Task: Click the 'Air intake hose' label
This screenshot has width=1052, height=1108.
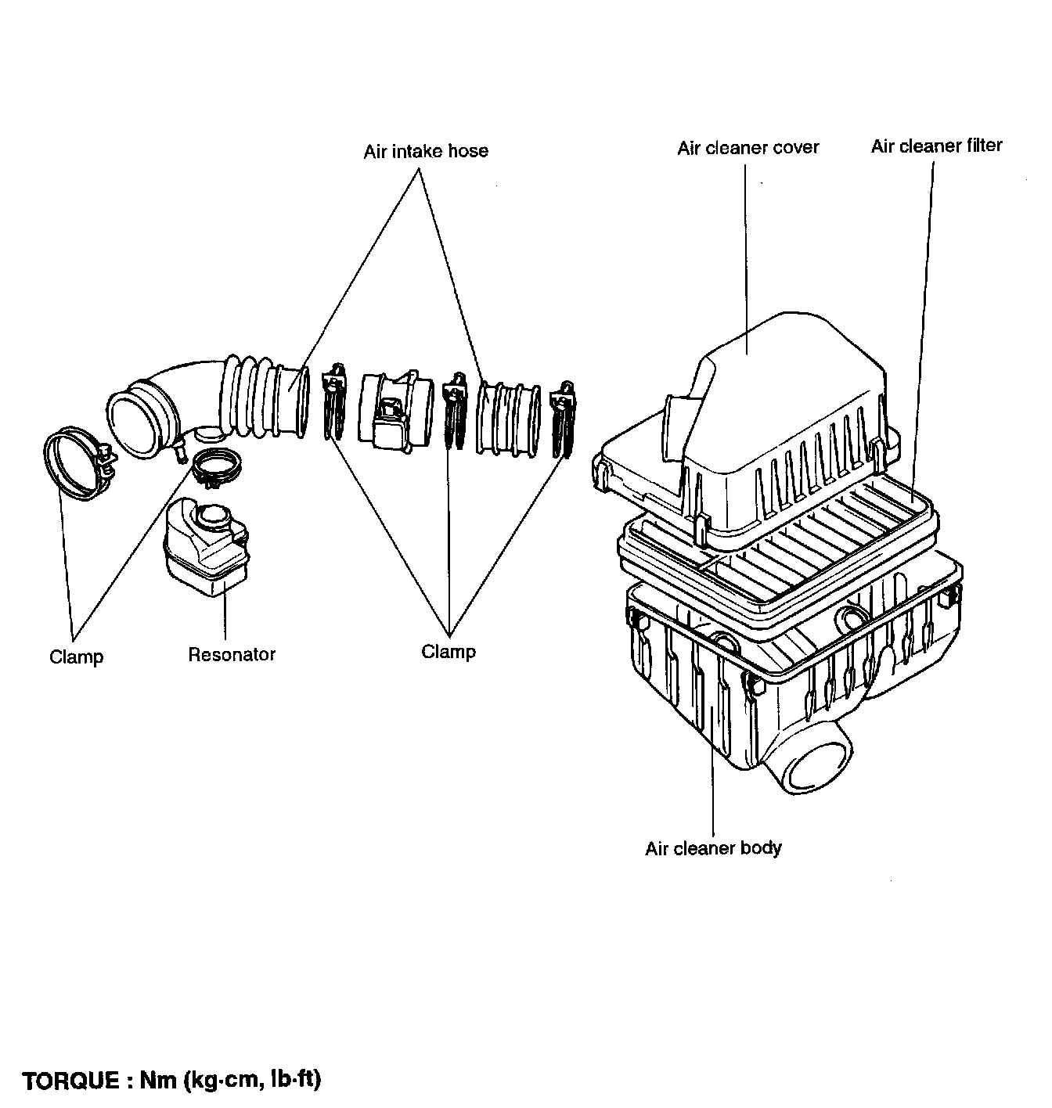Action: (425, 151)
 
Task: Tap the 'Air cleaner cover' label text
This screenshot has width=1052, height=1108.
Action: (748, 148)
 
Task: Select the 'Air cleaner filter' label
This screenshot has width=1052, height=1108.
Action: (936, 146)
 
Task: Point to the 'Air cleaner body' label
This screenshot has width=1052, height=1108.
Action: (713, 848)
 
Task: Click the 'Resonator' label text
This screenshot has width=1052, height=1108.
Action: (232, 654)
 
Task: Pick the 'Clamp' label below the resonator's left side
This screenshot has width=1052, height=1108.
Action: (76, 657)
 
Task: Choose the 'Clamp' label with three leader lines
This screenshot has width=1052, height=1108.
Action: (449, 652)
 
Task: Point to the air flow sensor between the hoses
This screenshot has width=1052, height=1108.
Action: (394, 409)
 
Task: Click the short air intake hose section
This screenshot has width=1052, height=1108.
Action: (507, 418)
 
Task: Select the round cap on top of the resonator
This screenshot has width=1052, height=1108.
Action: (213, 516)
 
